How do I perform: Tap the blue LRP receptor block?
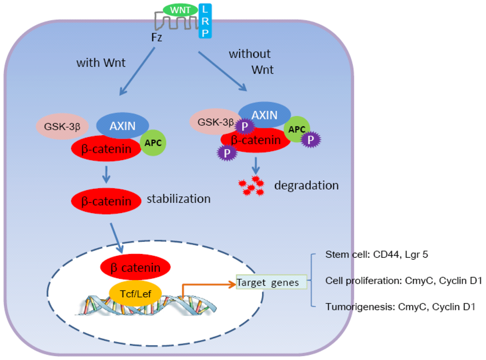205,21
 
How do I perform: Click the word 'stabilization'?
178,198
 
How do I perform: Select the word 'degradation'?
306,185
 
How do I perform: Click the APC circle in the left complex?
154,143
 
